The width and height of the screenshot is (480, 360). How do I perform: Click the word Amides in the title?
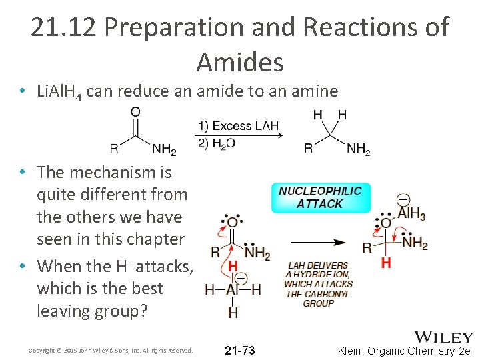240,63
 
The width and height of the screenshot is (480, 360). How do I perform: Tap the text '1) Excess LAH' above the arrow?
237,125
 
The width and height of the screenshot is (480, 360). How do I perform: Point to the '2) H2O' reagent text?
216,143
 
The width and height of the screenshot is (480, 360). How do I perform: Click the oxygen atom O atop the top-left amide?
135,112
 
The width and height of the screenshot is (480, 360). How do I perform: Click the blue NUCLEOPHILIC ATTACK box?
320,197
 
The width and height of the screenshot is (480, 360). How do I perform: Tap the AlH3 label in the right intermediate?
412,214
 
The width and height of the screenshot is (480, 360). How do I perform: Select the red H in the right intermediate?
385,263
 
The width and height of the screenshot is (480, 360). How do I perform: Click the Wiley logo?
443,337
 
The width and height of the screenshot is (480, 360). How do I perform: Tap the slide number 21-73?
239,351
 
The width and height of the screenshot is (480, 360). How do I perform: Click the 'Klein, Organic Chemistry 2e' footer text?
404,351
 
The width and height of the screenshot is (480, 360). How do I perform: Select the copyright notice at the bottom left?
111,351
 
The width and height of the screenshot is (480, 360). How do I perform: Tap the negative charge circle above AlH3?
403,199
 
